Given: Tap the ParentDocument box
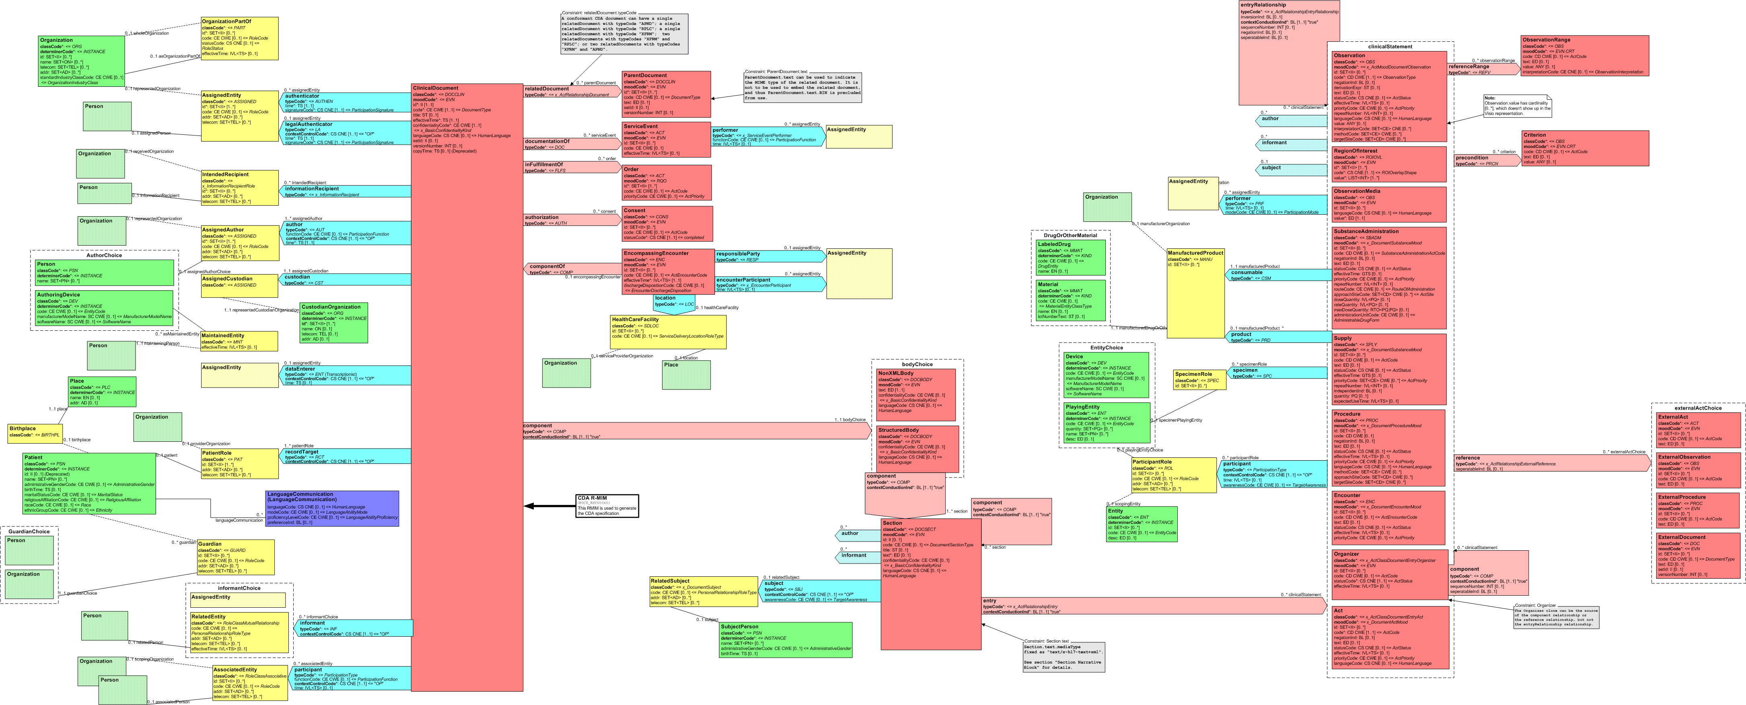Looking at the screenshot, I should click(x=666, y=95).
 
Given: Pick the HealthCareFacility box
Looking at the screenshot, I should click(x=668, y=332).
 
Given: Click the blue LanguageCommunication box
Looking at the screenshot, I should click(x=332, y=508).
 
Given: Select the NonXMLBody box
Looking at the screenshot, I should click(x=916, y=395).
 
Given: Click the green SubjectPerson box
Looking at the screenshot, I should click(x=785, y=640).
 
